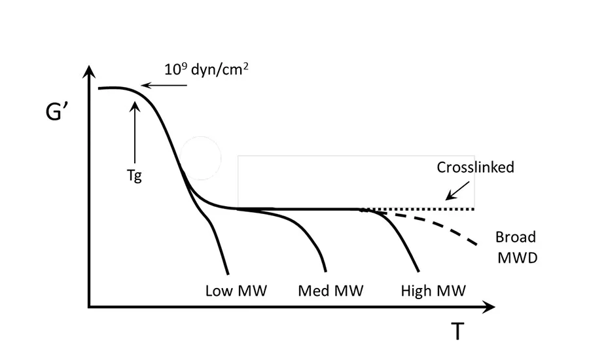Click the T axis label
(x=457, y=332)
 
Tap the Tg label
(x=134, y=177)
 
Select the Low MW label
(x=236, y=291)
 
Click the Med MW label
(x=330, y=291)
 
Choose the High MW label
(x=433, y=291)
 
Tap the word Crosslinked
(x=475, y=168)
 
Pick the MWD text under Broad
(x=516, y=257)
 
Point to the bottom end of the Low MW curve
(x=227, y=273)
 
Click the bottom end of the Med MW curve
(x=325, y=271)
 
